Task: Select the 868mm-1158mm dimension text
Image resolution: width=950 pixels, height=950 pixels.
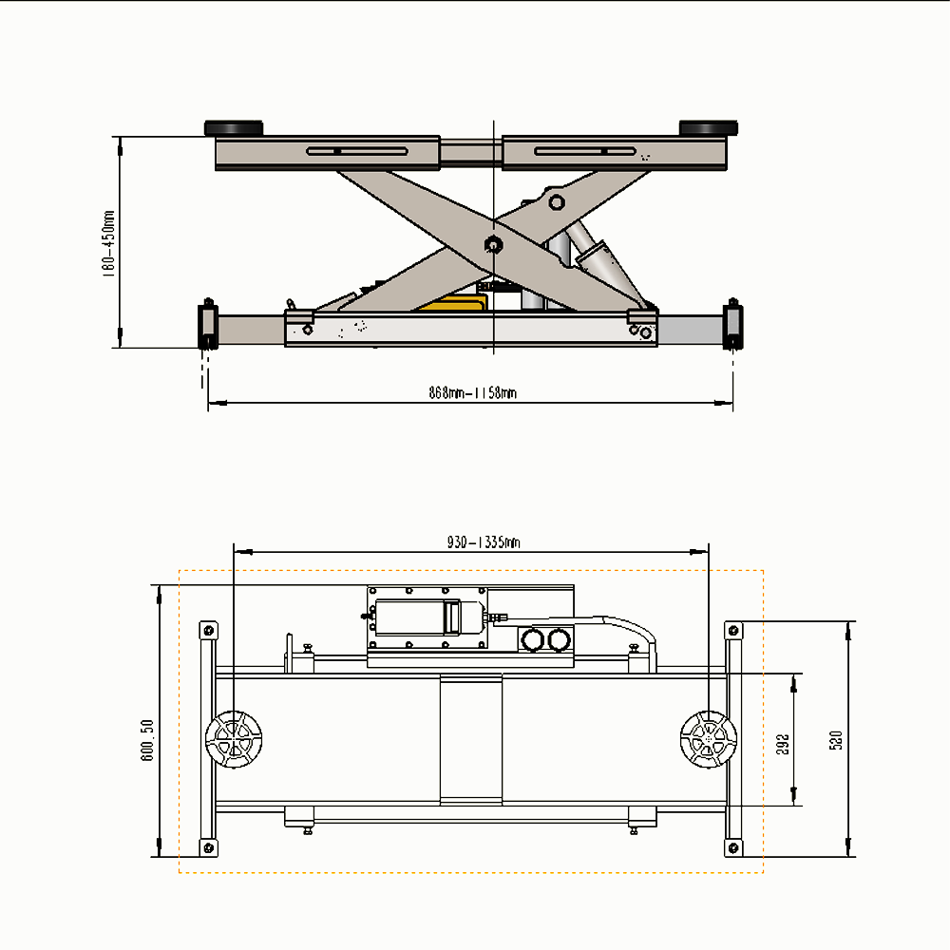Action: pyautogui.click(x=472, y=392)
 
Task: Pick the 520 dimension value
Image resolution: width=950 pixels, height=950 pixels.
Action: pyautogui.click(x=836, y=739)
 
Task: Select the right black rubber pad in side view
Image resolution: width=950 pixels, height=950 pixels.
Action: pyautogui.click(x=709, y=128)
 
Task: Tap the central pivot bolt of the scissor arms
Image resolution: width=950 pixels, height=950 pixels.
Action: pyautogui.click(x=494, y=243)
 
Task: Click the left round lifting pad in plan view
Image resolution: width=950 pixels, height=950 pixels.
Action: pyautogui.click(x=234, y=739)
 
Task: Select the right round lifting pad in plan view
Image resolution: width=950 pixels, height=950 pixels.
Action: pyautogui.click(x=709, y=739)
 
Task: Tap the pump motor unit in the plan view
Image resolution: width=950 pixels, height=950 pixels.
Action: pyautogui.click(x=427, y=617)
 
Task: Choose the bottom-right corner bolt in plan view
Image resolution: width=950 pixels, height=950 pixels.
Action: pyautogui.click(x=732, y=846)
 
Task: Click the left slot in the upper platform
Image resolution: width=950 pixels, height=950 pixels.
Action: pyautogui.click(x=358, y=151)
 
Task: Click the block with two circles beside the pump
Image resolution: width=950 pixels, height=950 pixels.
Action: pyautogui.click(x=544, y=641)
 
